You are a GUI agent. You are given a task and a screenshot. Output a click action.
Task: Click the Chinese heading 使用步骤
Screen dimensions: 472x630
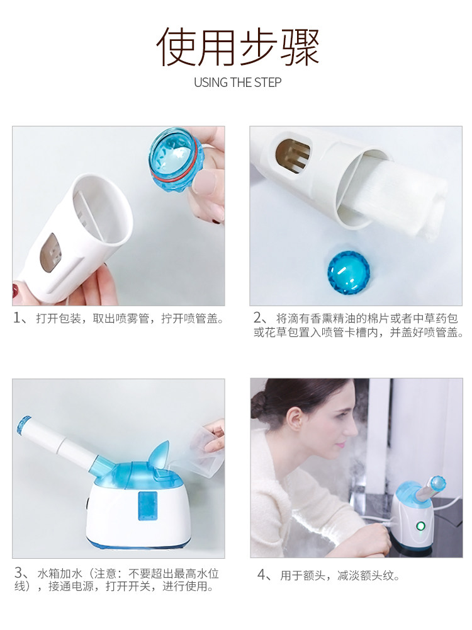[238, 47]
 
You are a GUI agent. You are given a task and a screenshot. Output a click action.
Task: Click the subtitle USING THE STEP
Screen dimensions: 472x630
[238, 83]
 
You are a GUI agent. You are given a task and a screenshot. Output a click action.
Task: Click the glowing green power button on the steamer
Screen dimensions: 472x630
[420, 525]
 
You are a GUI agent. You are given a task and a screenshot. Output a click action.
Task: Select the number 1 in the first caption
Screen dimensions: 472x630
[17, 318]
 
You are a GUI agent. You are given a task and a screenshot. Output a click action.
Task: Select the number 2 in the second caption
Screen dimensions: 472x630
[257, 318]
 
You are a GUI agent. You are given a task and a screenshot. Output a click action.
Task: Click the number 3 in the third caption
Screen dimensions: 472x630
[18, 573]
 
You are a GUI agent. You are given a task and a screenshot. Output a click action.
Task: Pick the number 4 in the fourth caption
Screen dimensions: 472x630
[261, 575]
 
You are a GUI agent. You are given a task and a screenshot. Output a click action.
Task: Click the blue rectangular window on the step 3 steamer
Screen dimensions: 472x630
[147, 505]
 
